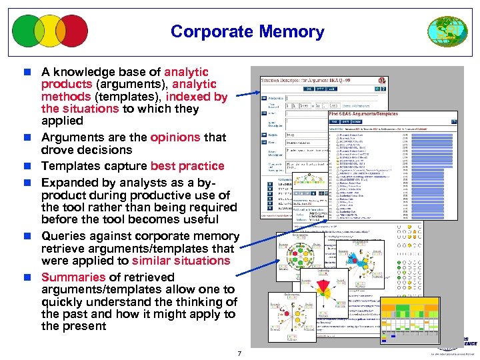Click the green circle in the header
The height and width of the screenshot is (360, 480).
coord(29,31)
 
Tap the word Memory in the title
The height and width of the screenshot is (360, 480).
coord(291,31)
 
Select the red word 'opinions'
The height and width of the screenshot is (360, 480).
coord(175,137)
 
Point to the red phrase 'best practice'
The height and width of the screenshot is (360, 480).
coord(187,166)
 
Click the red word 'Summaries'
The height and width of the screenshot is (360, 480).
coord(74,277)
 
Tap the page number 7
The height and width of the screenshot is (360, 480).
coord(239,353)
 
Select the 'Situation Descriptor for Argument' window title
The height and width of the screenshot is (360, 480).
coord(307,79)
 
